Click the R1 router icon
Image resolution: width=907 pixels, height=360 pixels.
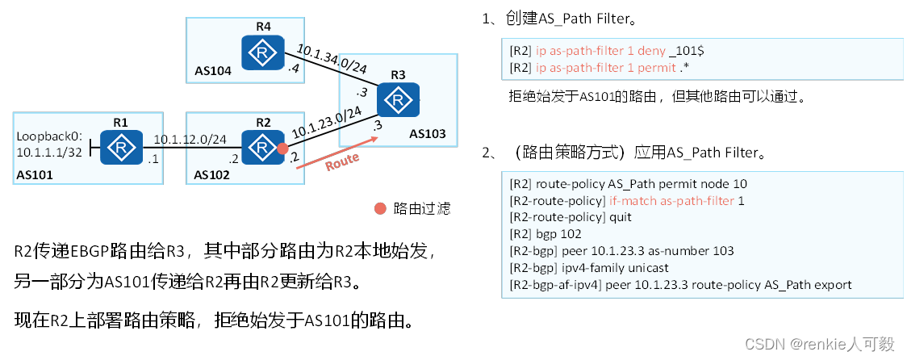(121, 148)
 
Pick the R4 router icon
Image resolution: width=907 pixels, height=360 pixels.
(262, 53)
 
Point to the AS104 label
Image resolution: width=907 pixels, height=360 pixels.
(213, 71)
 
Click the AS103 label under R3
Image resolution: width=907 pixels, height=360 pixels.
(427, 133)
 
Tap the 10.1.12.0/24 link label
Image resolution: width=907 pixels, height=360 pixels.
(190, 139)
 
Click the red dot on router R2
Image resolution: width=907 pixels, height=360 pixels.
(282, 149)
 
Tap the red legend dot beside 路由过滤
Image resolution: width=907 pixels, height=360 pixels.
(380, 208)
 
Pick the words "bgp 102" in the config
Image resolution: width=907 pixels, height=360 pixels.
(556, 234)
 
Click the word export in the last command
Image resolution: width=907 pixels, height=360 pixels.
(833, 285)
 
